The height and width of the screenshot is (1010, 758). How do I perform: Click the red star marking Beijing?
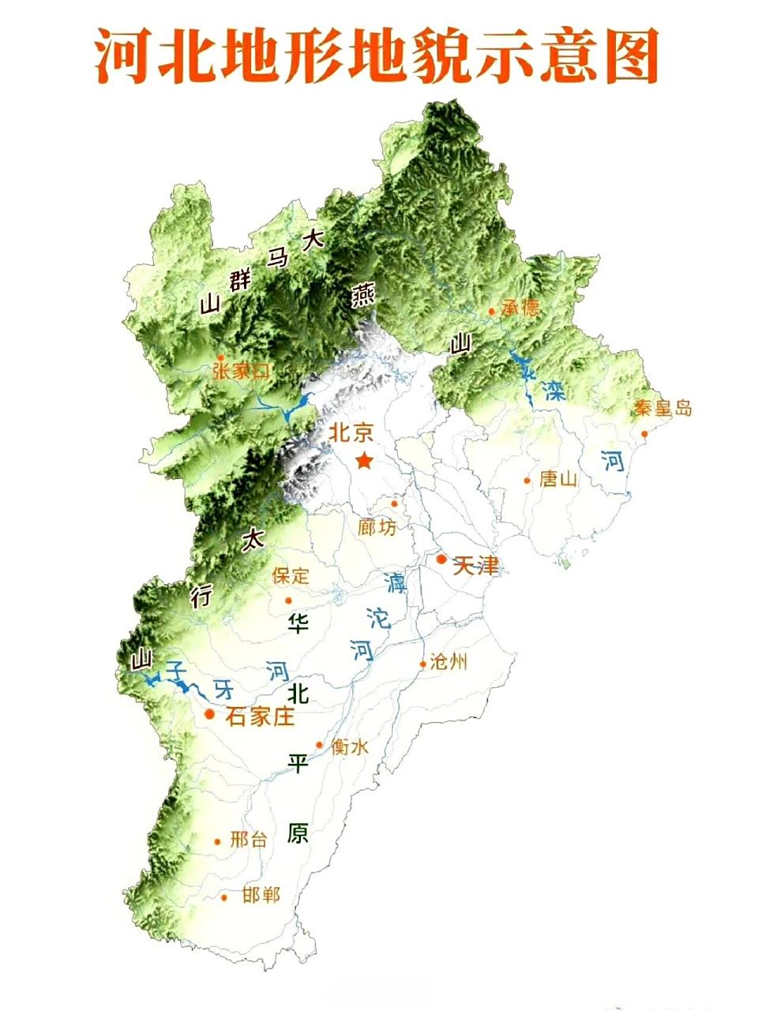(x=364, y=461)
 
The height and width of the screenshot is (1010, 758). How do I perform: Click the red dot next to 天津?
(x=441, y=559)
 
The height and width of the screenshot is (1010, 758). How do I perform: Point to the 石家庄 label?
(x=260, y=716)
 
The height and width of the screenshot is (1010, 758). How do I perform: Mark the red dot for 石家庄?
(x=210, y=714)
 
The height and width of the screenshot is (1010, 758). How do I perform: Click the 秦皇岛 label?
(x=663, y=408)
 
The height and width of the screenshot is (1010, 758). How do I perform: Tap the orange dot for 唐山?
(x=527, y=480)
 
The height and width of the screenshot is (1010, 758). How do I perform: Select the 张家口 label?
(x=241, y=372)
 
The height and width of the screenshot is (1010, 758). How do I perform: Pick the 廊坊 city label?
(x=377, y=526)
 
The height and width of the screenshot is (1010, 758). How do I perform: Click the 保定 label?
(x=291, y=575)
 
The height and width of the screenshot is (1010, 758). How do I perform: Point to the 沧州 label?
(x=448, y=662)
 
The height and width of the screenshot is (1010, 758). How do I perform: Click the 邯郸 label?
(x=261, y=896)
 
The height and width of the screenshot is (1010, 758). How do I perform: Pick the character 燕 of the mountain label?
(x=363, y=296)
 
